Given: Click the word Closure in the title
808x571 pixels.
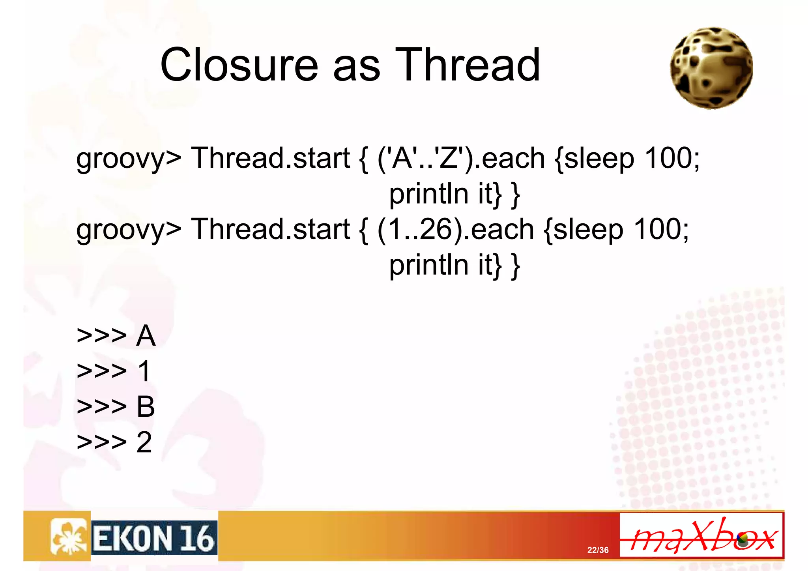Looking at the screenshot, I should (x=239, y=65).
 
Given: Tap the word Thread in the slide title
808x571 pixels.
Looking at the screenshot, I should (x=468, y=65).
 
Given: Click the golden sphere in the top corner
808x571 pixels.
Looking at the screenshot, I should (x=711, y=68).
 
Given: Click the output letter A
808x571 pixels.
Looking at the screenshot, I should (x=146, y=336).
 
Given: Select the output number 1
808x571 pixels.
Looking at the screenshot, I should (x=144, y=371).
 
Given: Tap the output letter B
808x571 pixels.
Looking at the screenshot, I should (x=146, y=406).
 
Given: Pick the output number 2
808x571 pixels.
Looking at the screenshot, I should (x=144, y=442).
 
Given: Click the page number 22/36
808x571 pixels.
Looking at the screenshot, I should (x=598, y=550).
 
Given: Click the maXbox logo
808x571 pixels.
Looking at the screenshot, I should (x=701, y=535).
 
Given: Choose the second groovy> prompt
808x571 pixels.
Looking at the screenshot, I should (x=129, y=230).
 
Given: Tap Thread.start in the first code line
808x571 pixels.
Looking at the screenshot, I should (x=271, y=158).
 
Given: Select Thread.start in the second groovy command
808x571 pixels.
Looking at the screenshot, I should (x=271, y=229).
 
